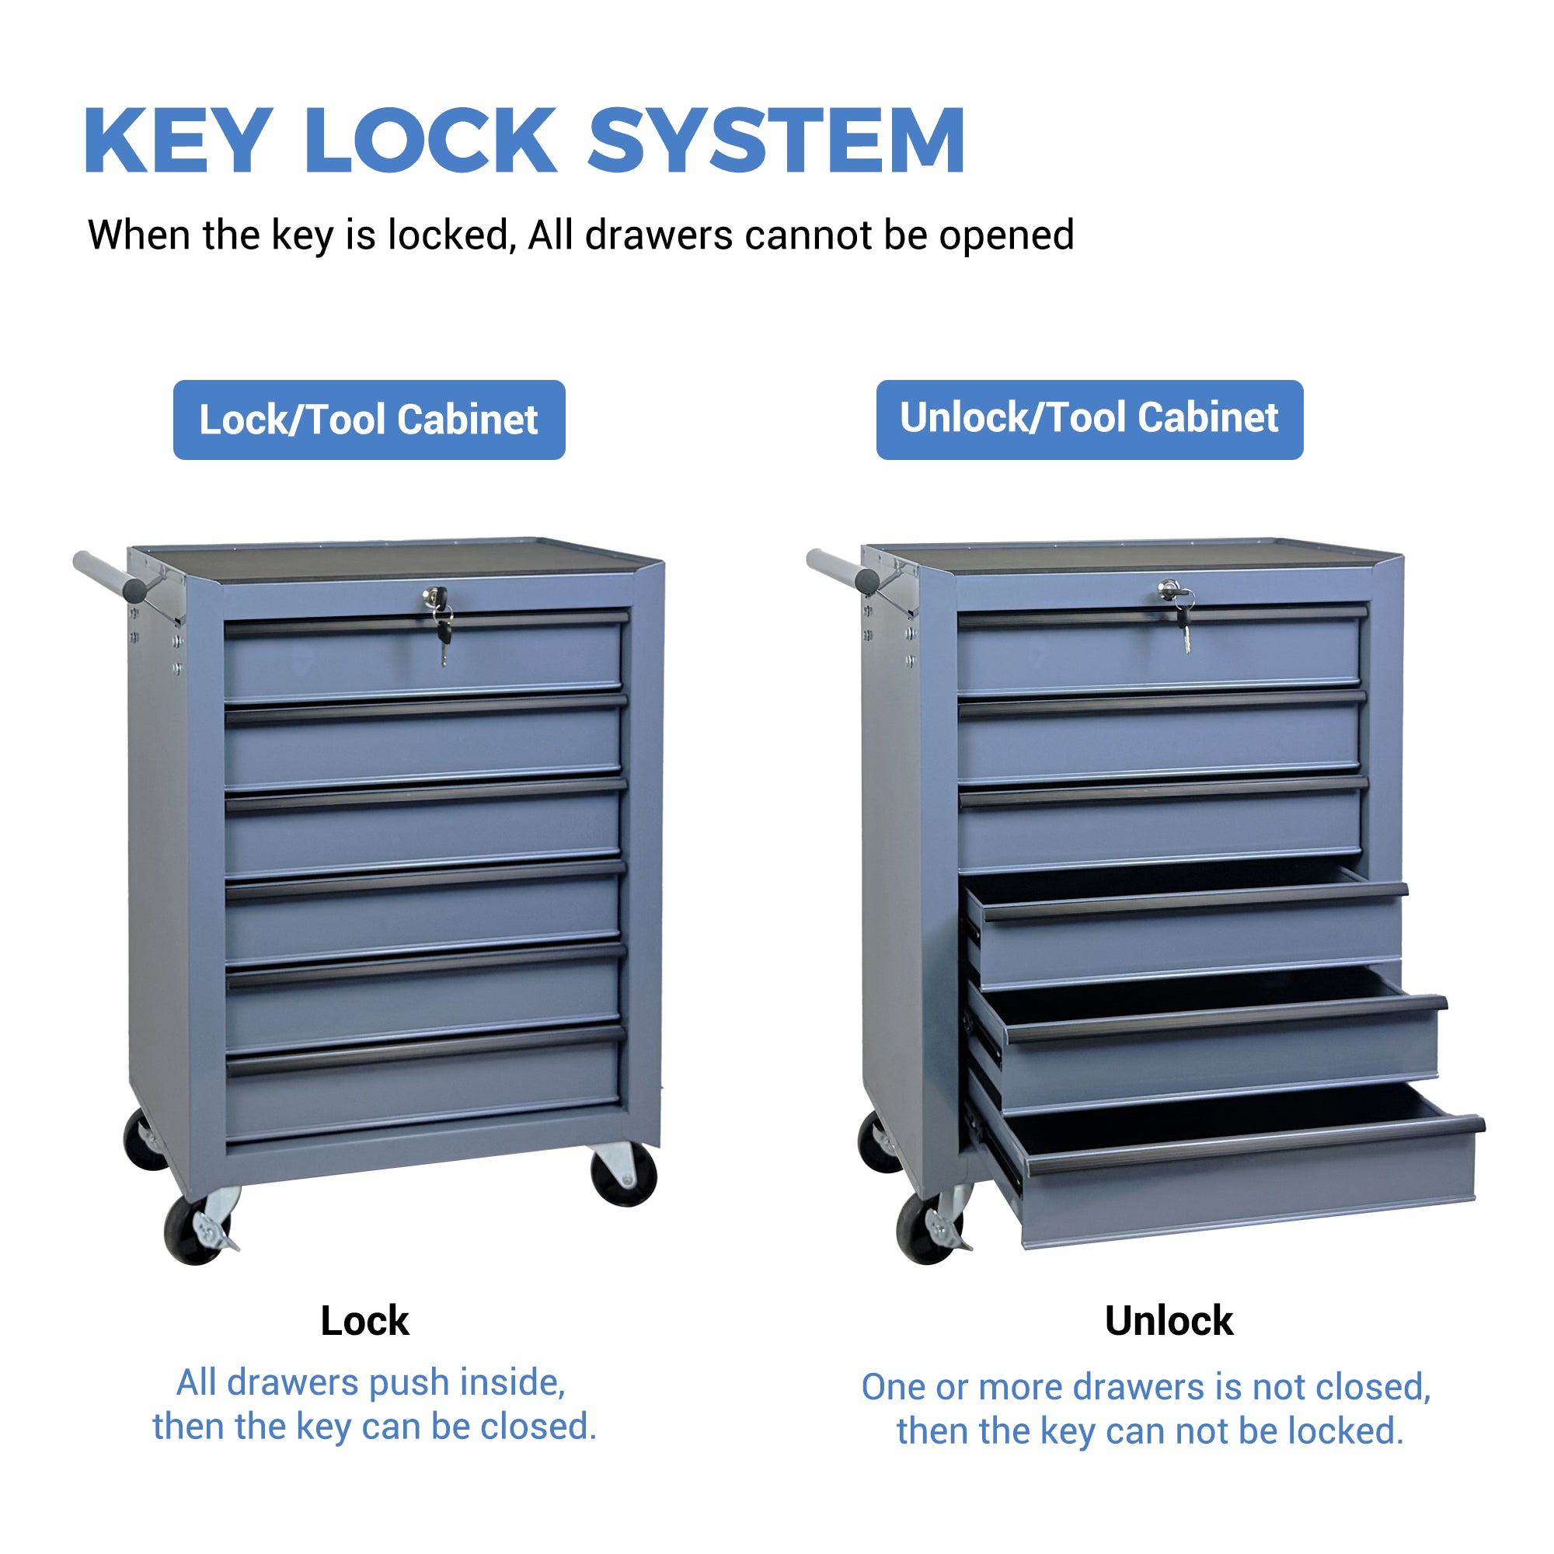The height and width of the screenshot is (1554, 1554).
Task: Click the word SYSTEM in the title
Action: click(777, 141)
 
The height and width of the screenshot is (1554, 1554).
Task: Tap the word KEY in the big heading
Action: click(179, 141)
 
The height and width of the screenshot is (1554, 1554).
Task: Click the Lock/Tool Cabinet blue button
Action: click(369, 420)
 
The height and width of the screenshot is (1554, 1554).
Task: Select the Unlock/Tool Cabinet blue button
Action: click(1090, 420)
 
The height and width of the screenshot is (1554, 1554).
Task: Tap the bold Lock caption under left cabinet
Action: click(365, 1321)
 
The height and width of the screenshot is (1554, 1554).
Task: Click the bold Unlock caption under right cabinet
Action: click(1169, 1321)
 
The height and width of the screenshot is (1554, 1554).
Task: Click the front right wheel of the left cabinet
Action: click(623, 1175)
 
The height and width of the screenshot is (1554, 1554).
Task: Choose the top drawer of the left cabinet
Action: click(424, 656)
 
